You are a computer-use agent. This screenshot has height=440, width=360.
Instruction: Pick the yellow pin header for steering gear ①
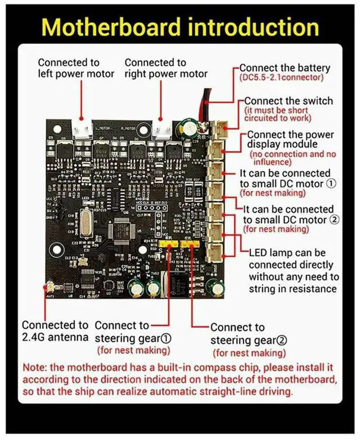[x=166, y=245]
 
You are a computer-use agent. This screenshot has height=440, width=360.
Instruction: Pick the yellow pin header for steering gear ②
[x=190, y=245]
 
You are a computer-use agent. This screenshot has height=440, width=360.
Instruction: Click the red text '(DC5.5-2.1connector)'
[x=282, y=77]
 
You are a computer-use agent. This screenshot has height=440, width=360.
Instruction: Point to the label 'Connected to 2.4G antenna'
[x=55, y=331]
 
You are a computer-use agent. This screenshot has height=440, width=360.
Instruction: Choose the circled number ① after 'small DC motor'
[x=331, y=184]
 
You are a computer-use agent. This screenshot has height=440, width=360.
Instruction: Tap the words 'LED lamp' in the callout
[x=269, y=253]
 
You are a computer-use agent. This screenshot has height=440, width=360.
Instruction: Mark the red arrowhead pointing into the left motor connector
[x=82, y=119]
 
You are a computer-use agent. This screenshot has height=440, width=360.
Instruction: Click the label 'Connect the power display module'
[x=290, y=139]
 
